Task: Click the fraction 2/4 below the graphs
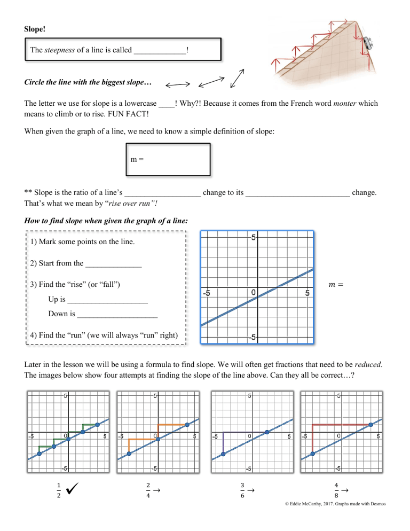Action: click(147, 490)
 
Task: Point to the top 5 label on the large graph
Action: click(255, 238)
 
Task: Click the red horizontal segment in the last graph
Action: click(342, 425)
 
